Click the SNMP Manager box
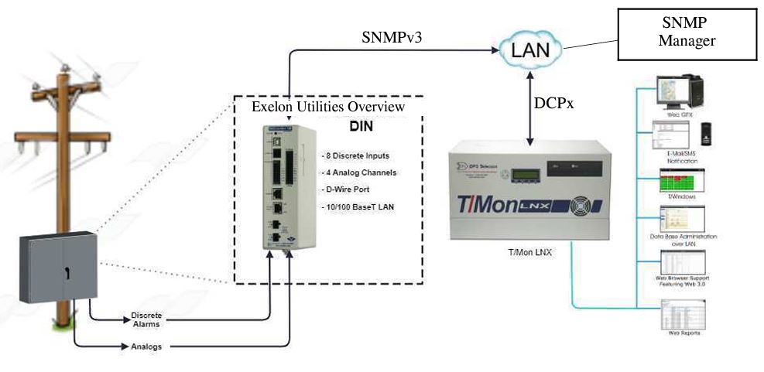click(687, 33)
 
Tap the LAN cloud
click(530, 51)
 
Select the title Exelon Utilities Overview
click(328, 106)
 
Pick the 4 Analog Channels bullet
click(358, 172)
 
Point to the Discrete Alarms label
click(146, 320)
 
